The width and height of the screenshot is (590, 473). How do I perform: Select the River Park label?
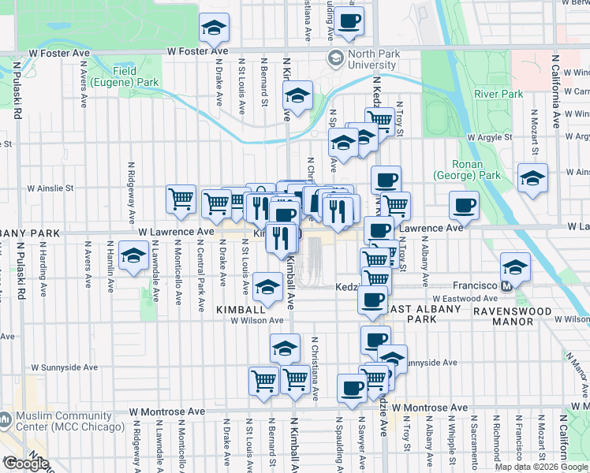[x=499, y=94]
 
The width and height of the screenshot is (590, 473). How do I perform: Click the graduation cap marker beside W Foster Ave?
[x=214, y=28]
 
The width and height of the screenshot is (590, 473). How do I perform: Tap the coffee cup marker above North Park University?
[x=349, y=20]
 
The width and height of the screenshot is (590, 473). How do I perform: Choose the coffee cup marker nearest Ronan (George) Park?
[x=465, y=206]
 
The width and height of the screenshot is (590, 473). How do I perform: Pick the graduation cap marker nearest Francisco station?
[x=515, y=266]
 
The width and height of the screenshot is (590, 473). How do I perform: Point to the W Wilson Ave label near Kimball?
[x=256, y=321]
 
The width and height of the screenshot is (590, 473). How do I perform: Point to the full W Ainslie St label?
[x=50, y=189]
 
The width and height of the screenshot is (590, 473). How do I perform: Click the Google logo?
[x=26, y=463]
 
